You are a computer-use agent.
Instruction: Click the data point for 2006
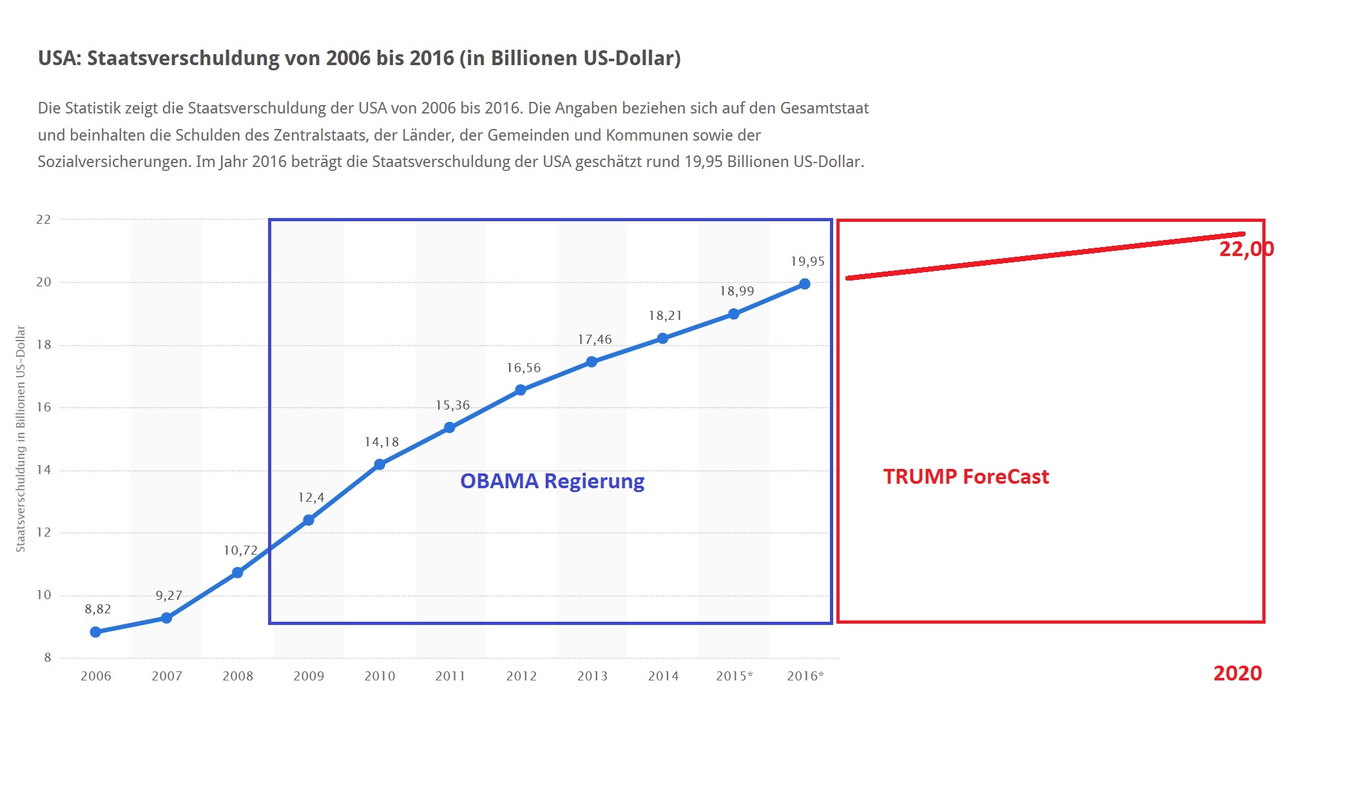(95, 632)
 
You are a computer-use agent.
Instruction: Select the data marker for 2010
(380, 464)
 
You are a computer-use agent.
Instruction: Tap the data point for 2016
(804, 284)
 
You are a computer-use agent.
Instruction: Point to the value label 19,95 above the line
(807, 261)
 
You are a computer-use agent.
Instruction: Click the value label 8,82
(98, 609)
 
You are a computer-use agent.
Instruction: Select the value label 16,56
(523, 368)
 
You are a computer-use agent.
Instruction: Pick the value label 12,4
(311, 497)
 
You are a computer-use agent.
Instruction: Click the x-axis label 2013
(592, 676)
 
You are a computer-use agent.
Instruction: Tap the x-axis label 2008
(238, 676)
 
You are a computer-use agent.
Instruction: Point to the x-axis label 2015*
(734, 676)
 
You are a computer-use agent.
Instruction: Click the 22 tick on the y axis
(43, 219)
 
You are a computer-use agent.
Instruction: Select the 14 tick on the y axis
(43, 470)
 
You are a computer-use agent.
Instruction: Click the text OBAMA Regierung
(552, 481)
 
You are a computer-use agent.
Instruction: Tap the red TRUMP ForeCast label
(966, 477)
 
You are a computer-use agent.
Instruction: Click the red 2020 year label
(1237, 673)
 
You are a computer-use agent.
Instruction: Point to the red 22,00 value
(1246, 249)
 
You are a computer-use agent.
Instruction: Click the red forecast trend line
(1044, 256)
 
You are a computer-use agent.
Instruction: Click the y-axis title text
(21, 439)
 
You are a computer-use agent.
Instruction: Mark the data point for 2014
(662, 339)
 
